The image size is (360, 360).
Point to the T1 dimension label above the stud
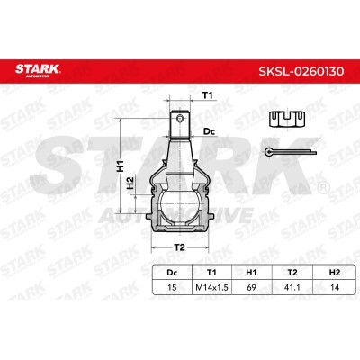[x=206, y=94]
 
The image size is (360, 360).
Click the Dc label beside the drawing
[x=210, y=132]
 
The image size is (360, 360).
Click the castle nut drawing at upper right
[x=285, y=115]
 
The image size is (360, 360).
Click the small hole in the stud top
[x=180, y=115]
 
